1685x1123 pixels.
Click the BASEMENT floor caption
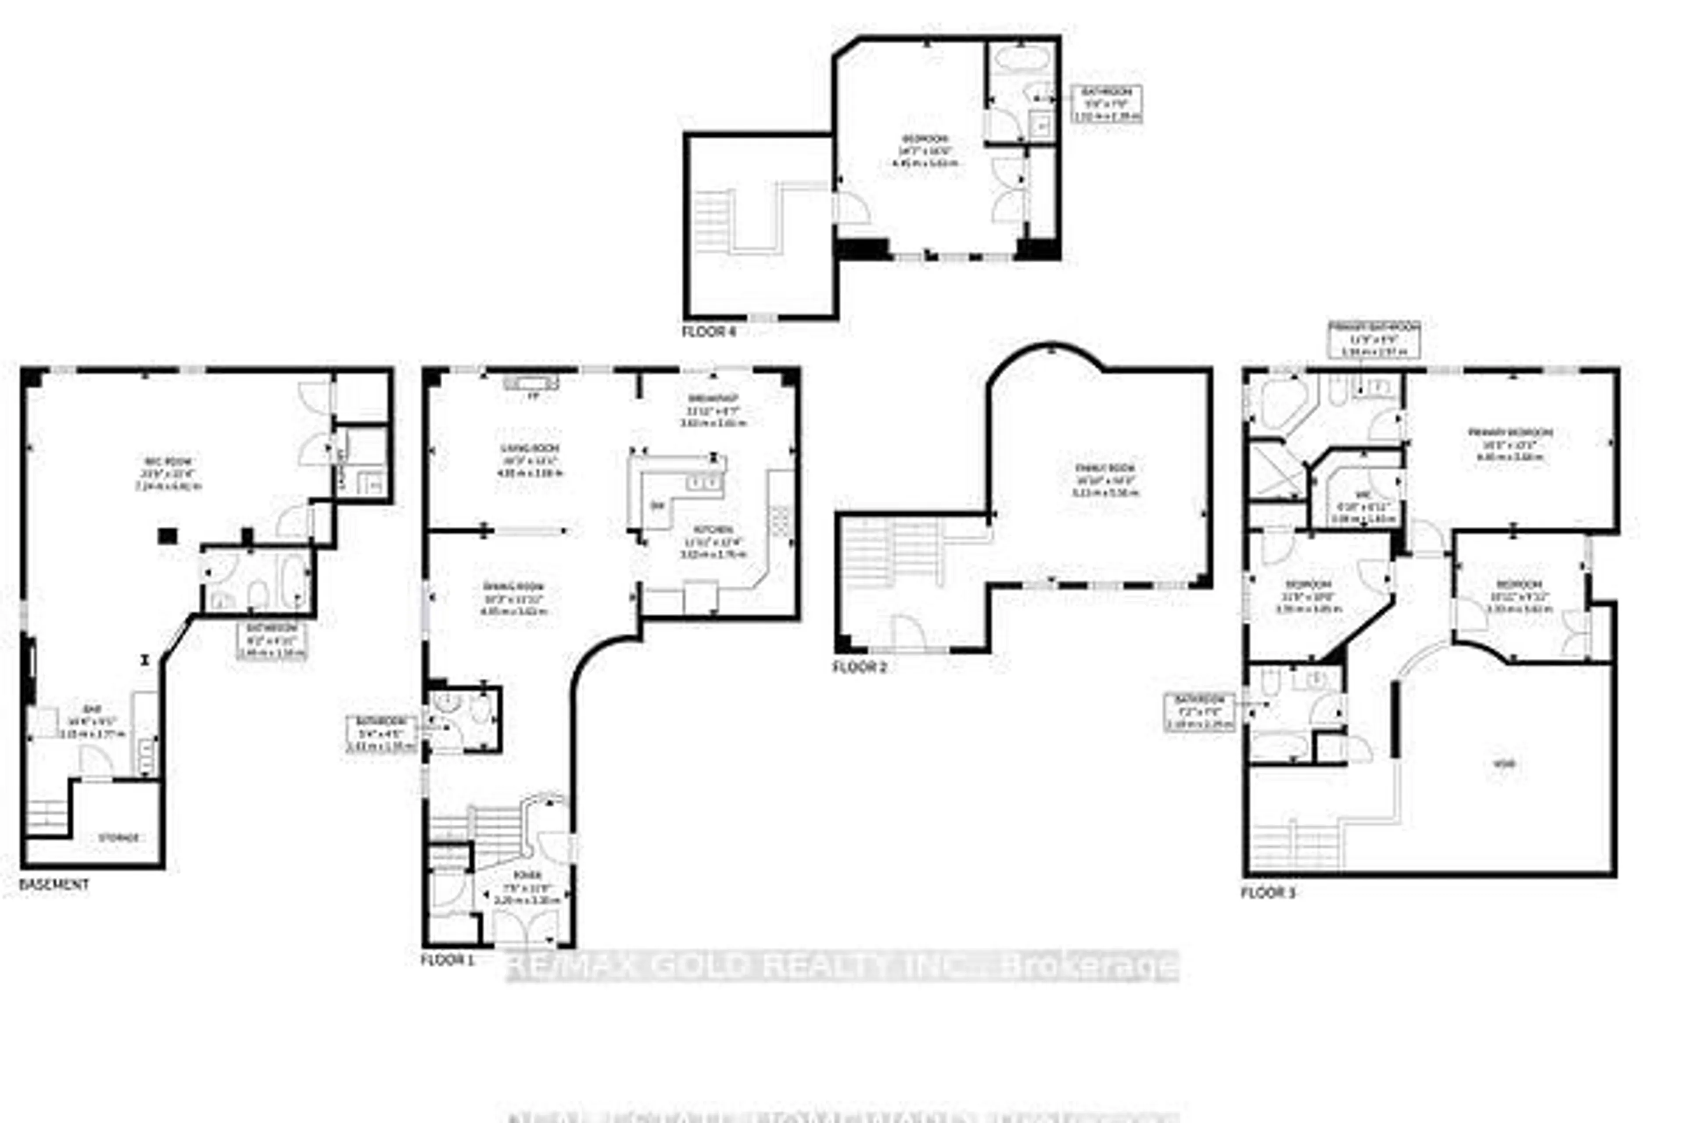click(54, 884)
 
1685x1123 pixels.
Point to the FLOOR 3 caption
click(1267, 892)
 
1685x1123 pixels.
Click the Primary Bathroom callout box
click(1374, 339)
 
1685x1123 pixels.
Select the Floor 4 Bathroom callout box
click(1106, 104)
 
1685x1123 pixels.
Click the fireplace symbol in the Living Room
click(531, 383)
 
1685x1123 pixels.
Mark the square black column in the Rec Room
click(168, 536)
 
